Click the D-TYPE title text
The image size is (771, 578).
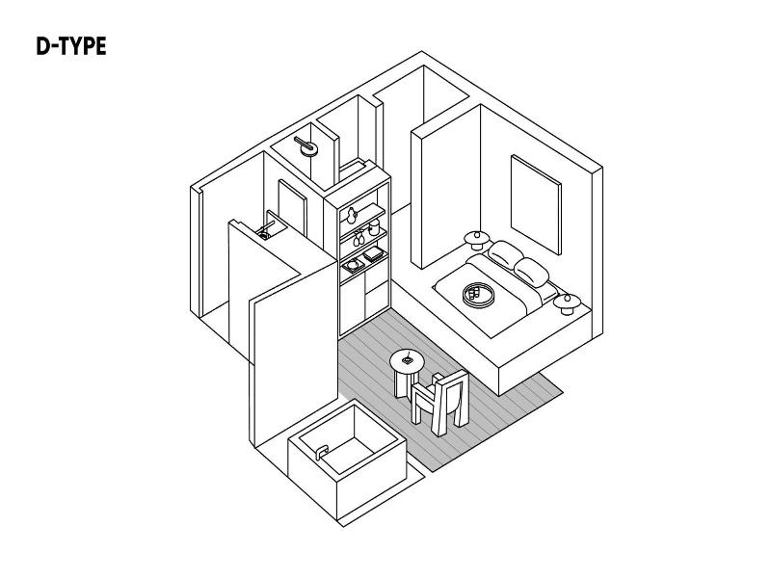tap(71, 46)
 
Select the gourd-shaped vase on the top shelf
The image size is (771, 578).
tap(351, 216)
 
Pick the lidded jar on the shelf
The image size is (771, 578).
tap(374, 227)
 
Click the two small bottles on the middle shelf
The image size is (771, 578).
tap(358, 238)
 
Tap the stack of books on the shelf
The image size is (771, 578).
tap(374, 254)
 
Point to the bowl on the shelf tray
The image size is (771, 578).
tap(353, 266)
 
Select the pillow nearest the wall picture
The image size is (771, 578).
tap(504, 253)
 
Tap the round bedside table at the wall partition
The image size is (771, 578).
tap(476, 240)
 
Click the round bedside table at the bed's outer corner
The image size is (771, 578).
tap(567, 303)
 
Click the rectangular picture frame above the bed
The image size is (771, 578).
tap(536, 204)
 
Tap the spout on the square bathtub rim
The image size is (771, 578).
tap(322, 452)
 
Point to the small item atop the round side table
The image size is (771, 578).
tap(407, 359)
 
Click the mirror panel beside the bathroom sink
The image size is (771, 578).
tap(292, 208)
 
